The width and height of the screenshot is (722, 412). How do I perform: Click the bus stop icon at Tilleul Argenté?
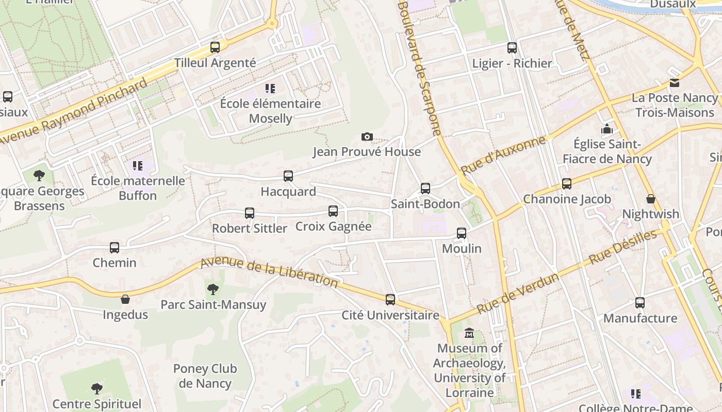[215, 47]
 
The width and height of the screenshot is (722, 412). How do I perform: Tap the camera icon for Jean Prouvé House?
[367, 136]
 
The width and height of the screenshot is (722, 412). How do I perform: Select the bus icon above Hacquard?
[288, 176]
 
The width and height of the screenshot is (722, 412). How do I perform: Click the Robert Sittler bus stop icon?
[250, 213]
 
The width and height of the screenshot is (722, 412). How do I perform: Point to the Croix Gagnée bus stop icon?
[333, 211]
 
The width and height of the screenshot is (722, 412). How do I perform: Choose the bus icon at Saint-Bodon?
[425, 188]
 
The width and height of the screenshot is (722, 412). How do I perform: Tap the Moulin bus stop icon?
[462, 233]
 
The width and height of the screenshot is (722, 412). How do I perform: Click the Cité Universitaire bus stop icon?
[390, 300]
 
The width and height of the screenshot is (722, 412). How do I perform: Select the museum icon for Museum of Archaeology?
[469, 333]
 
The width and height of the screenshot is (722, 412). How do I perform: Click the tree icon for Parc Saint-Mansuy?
[212, 289]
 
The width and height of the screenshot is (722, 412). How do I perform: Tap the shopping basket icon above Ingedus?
[125, 299]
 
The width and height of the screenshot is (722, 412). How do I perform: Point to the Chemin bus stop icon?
[114, 248]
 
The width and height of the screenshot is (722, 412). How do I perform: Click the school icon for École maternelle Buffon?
[137, 165]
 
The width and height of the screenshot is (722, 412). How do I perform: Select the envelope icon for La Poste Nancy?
[674, 83]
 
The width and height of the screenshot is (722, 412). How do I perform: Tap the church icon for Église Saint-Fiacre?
[607, 129]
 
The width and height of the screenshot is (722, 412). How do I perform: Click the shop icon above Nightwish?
[651, 199]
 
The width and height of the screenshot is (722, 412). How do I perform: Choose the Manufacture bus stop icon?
[640, 303]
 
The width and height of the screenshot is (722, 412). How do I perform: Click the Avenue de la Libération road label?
[269, 272]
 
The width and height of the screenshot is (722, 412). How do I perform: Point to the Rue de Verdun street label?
[517, 294]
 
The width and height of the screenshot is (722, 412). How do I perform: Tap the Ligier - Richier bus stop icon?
[512, 48]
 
